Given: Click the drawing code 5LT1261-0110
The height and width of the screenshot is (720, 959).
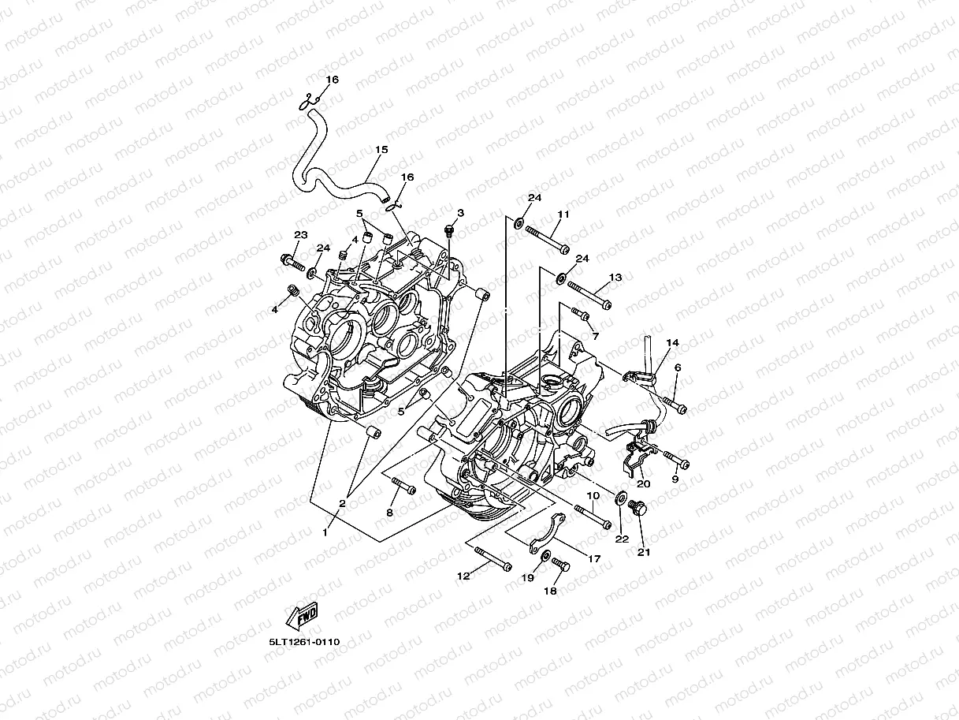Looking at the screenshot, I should (x=303, y=642).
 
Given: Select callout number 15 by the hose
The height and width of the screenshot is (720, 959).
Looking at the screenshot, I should (x=381, y=149).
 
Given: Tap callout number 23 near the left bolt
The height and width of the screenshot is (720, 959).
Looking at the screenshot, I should (x=300, y=235).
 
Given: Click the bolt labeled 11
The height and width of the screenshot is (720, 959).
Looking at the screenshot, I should (x=546, y=239).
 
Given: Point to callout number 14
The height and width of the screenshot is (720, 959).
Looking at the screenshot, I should (x=672, y=343).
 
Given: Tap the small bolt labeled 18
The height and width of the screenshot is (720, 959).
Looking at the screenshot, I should (x=559, y=564).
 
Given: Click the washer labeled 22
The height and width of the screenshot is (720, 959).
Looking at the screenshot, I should (x=620, y=498).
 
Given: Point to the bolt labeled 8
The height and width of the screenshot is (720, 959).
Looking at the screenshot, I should (x=402, y=485).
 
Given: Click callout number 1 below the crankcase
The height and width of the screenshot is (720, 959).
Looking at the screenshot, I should (x=324, y=532).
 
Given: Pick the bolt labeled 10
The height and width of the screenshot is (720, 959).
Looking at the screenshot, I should (x=593, y=517).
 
